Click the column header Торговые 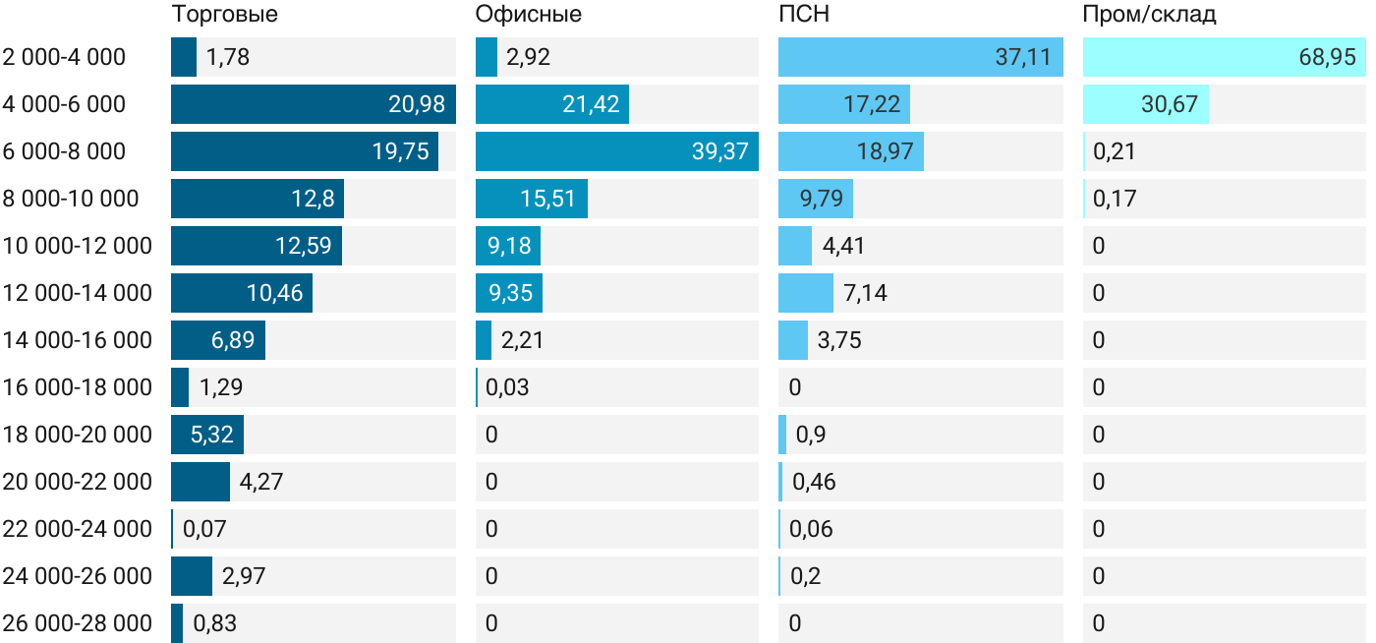[x=224, y=15]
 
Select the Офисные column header [x=528, y=15]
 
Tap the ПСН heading [x=803, y=15]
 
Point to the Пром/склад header [x=1149, y=15]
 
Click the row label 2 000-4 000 [x=64, y=57]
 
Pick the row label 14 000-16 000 [x=77, y=340]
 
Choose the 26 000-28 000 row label [x=77, y=623]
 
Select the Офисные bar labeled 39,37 [x=616, y=151]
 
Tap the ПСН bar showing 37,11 [x=920, y=57]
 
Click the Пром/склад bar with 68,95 [x=1224, y=57]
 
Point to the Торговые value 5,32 [x=207, y=435]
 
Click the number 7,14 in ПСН [x=837, y=293]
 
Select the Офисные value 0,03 [x=507, y=387]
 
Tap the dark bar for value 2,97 [x=192, y=576]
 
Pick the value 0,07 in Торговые [x=204, y=529]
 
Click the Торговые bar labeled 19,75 [x=305, y=151]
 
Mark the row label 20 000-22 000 [x=77, y=482]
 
